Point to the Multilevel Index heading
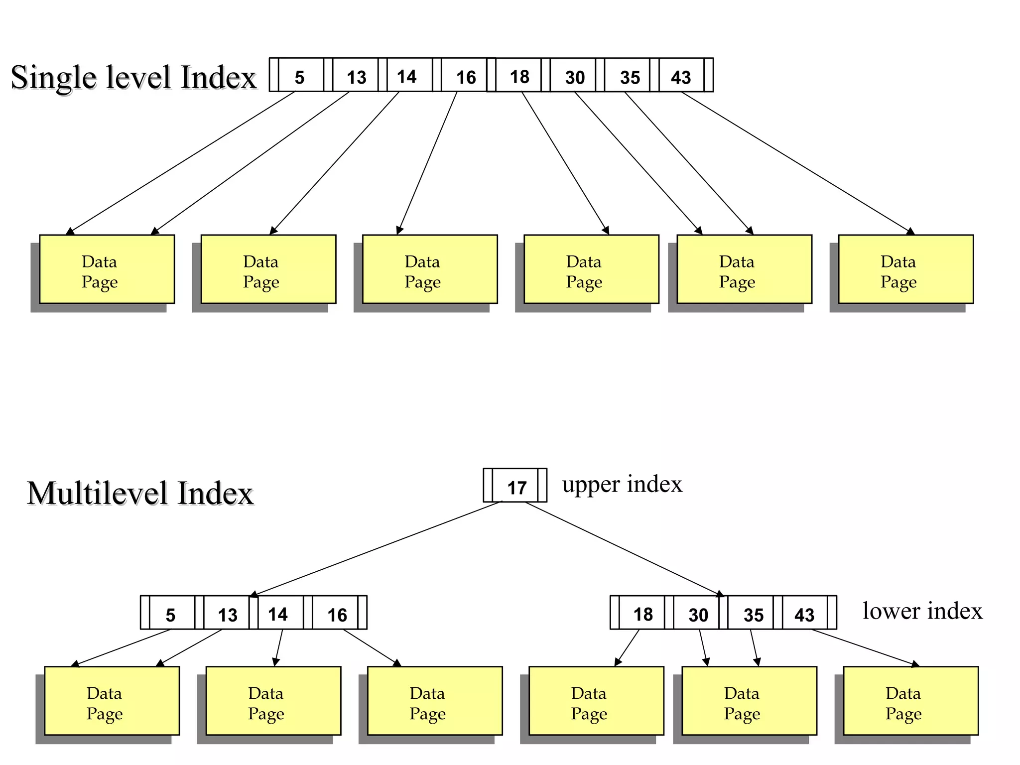click(x=140, y=493)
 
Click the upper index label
click(x=622, y=484)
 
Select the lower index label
click(x=922, y=611)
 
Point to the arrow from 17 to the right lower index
click(x=623, y=548)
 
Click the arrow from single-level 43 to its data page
click(x=797, y=162)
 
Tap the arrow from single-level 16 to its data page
click(x=428, y=162)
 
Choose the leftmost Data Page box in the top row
click(x=107, y=269)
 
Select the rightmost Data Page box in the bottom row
click(x=910, y=701)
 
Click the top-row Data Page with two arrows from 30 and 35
click(x=744, y=269)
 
